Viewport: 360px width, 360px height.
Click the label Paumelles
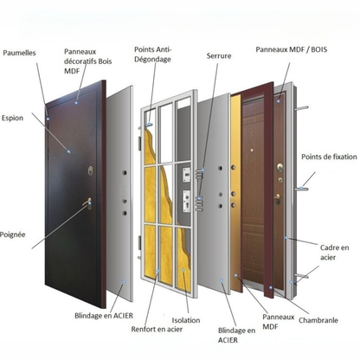point(19,53)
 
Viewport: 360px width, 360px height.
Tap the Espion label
point(12,118)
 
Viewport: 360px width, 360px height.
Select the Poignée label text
point(12,235)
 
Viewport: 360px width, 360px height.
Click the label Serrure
point(219,55)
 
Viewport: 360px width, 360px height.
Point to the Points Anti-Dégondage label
point(153,55)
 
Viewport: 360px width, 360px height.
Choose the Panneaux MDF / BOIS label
point(292,49)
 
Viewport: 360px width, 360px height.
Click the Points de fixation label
point(329,157)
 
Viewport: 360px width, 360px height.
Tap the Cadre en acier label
point(335,252)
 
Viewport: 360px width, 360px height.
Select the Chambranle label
point(318,320)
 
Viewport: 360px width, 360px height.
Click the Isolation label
point(186,320)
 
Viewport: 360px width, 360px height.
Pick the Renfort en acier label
point(157,329)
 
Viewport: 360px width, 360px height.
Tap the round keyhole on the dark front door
point(91,170)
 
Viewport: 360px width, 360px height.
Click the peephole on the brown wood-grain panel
point(252,151)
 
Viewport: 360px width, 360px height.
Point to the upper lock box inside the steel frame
point(187,175)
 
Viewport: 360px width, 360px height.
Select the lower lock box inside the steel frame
point(187,201)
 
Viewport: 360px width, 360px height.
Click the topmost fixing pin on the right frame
point(302,108)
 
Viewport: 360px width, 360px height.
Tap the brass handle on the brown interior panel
point(277,199)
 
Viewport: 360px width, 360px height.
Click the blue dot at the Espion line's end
point(68,151)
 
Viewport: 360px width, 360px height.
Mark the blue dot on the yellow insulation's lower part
point(183,270)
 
